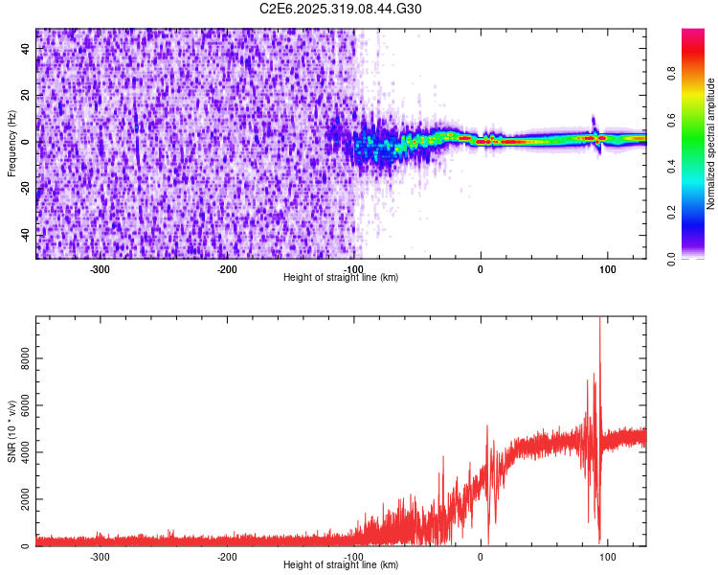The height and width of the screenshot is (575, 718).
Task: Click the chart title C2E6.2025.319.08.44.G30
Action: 341,9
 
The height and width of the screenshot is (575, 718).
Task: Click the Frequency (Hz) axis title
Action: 11,144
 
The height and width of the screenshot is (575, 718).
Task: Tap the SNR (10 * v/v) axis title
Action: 11,432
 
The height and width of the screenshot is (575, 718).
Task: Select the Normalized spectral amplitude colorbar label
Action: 711,144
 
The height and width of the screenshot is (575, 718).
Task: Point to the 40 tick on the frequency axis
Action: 27,50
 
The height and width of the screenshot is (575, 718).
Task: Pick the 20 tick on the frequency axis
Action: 27,96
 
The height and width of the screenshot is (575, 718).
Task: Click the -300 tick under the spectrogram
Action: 101,269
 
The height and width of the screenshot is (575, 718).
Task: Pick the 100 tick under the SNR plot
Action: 607,557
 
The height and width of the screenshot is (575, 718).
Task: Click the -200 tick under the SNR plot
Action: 227,557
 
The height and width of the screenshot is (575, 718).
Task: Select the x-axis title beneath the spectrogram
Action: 341,278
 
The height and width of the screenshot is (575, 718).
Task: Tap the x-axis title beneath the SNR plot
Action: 341,565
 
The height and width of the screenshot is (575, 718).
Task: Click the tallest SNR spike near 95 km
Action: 599,322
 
